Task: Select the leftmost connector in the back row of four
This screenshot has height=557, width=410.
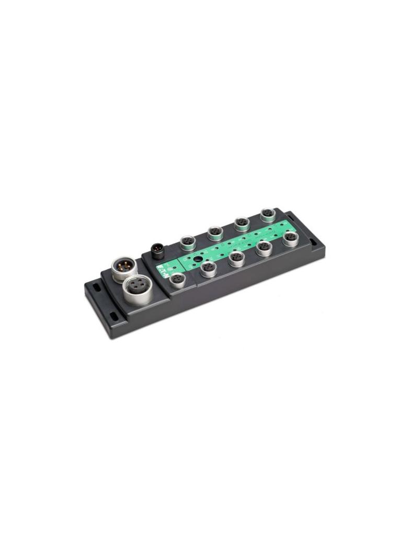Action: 187,241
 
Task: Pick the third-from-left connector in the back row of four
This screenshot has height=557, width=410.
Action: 241,223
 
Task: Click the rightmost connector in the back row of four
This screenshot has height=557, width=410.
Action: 268,214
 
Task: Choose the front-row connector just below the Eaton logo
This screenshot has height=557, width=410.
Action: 178,280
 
